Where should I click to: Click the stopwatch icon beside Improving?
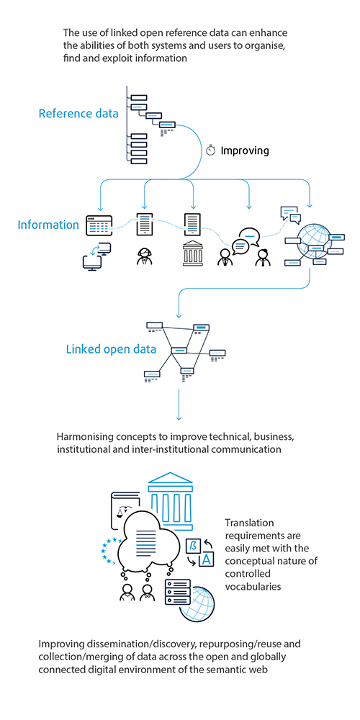pos(211,150)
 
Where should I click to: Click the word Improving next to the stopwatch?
pos(245,150)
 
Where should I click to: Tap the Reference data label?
pos(78,114)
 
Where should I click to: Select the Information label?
pos(48,225)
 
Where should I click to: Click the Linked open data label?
pos(111,349)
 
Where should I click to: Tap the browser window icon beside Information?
pos(99,225)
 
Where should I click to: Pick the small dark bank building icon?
pos(193,254)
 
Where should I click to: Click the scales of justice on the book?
pos(122,511)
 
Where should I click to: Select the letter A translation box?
pos(207,559)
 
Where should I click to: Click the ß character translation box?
pos(192,546)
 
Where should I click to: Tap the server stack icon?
pos(178,591)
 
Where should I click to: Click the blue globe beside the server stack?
pos(199,604)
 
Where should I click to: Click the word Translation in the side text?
pos(249,523)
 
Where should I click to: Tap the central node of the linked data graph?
pos(179,351)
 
